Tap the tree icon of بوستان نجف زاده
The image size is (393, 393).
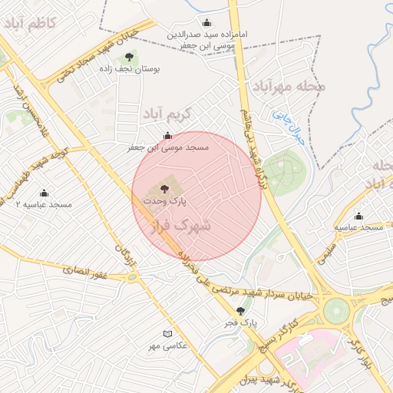[129, 57]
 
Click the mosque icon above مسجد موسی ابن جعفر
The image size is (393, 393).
[168, 136]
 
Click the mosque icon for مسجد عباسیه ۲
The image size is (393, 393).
[44, 193]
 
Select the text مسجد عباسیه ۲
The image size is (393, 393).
[44, 205]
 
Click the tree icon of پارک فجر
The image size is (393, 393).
[241, 311]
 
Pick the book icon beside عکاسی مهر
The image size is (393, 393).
[168, 334]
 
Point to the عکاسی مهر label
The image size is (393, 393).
[168, 346]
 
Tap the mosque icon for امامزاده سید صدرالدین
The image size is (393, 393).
[206, 23]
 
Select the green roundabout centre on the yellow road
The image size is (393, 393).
[336, 311]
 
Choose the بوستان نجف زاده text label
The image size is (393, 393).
[130, 68]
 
